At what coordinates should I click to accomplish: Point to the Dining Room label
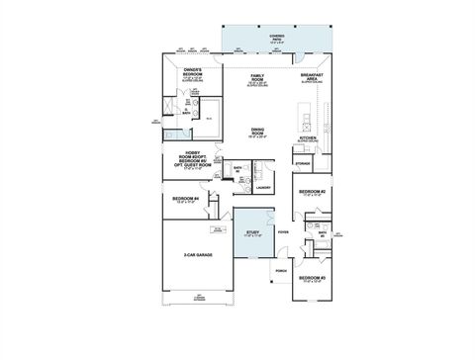coord(257,132)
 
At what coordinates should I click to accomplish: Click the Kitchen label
coord(308,139)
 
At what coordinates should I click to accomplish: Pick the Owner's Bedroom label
coord(193,72)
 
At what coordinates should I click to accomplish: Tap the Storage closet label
coord(303,162)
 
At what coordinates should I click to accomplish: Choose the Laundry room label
coord(263,187)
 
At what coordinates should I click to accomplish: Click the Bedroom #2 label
coord(314,192)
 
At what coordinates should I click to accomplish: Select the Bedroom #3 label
coord(314,280)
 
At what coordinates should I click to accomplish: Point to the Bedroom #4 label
coord(186,199)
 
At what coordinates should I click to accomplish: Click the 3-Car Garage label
coord(198,255)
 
